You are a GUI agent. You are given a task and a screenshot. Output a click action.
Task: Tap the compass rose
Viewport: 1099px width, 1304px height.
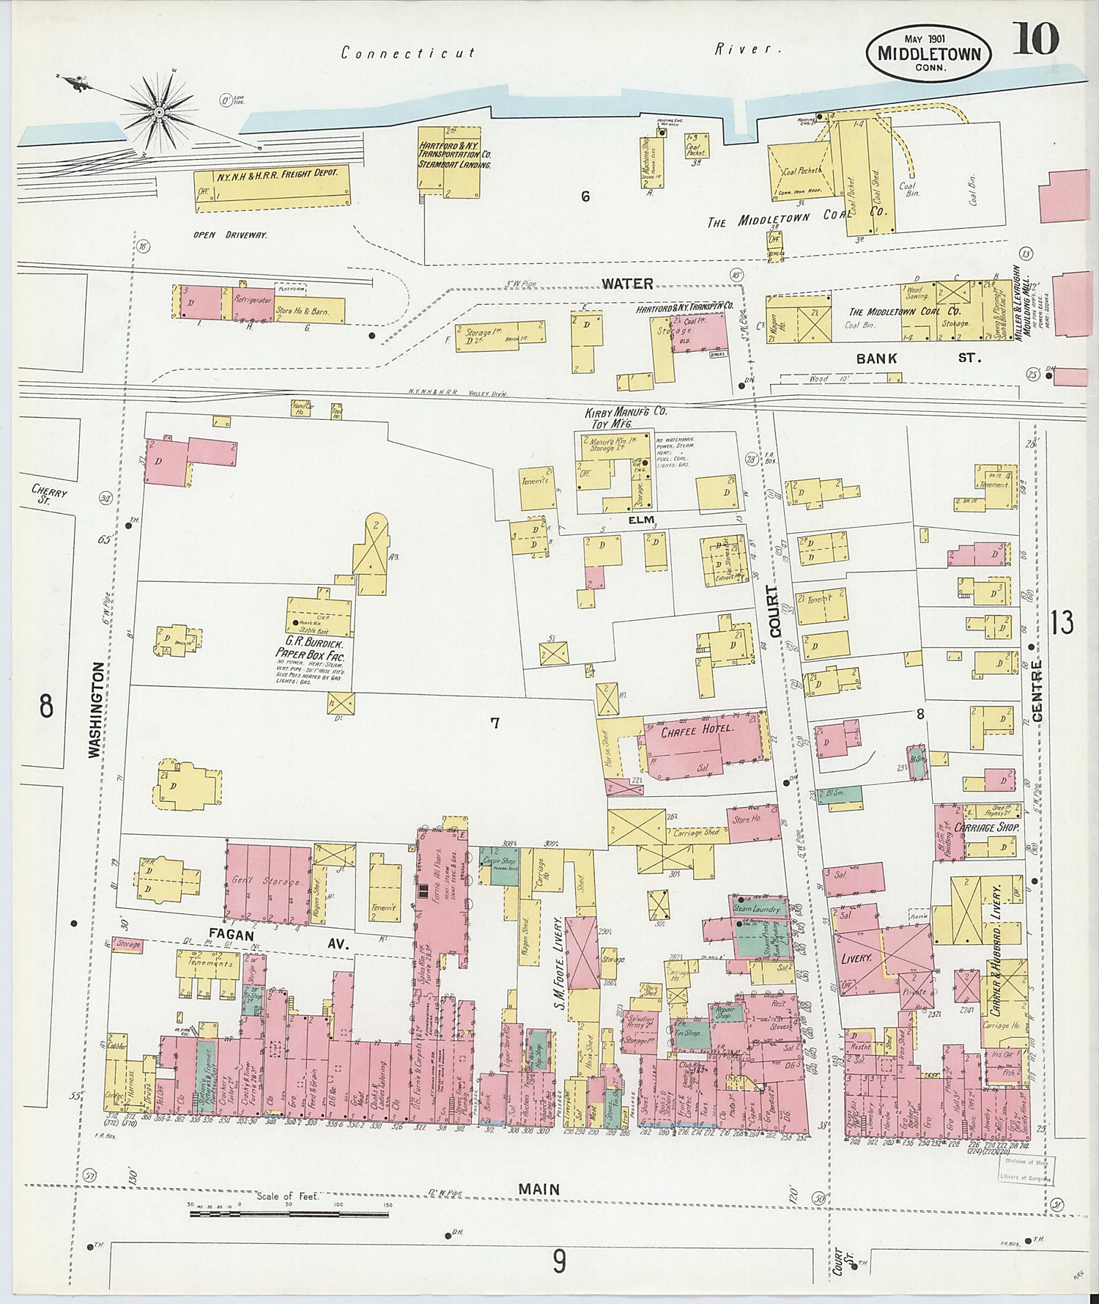[158, 111]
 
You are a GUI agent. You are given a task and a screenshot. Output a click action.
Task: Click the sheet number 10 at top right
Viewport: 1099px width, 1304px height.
[1035, 40]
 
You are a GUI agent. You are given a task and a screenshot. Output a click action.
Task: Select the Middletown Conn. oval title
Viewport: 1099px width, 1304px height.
[928, 54]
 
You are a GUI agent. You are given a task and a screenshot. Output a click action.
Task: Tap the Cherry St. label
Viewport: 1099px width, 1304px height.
[49, 493]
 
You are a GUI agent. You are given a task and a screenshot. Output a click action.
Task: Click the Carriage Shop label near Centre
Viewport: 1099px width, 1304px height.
[987, 827]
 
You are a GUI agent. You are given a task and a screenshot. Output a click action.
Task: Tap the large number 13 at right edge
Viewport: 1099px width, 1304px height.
[1062, 622]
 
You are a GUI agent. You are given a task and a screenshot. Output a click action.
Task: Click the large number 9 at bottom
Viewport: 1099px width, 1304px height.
[559, 1261]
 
